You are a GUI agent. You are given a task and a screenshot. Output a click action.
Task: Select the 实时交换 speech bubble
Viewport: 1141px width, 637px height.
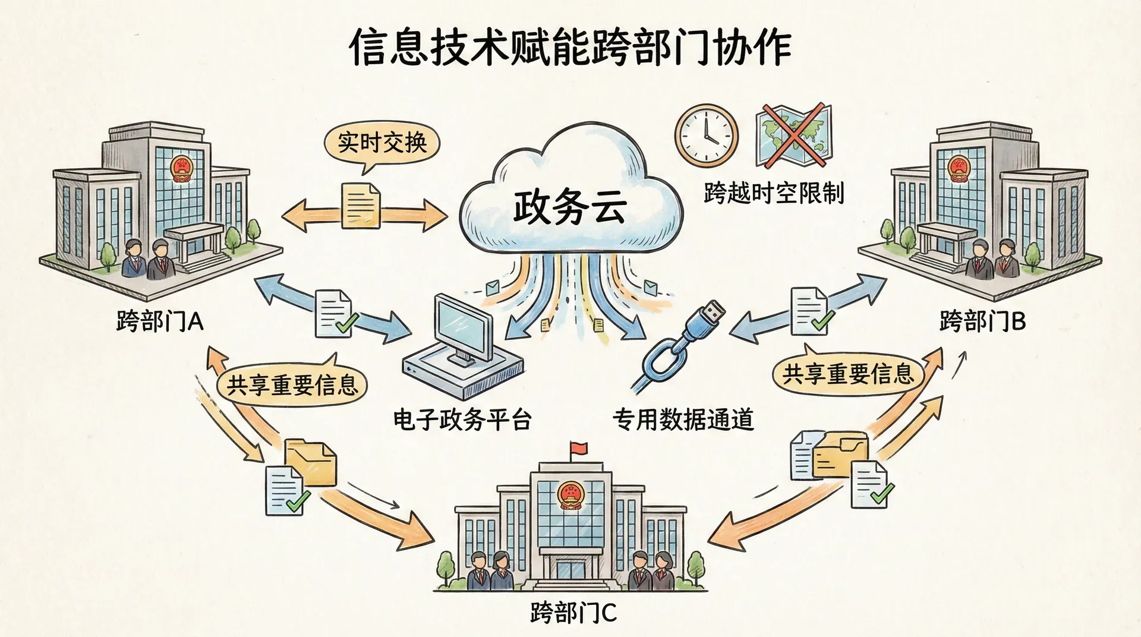(x=382, y=143)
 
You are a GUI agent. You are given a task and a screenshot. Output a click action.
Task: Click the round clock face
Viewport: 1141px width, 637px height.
(x=706, y=135)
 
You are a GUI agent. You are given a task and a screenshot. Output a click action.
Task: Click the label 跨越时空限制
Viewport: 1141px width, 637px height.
(x=774, y=193)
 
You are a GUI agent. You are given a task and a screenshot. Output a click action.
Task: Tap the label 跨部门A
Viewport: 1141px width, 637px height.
(x=160, y=322)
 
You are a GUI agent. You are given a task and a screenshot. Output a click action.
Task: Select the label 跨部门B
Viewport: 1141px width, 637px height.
(x=982, y=321)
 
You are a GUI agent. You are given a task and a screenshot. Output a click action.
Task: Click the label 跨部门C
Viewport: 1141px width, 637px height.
(x=573, y=613)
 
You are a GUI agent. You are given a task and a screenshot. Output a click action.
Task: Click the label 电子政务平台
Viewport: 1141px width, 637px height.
(x=462, y=420)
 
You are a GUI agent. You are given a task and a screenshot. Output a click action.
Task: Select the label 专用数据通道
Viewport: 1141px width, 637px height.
(x=683, y=420)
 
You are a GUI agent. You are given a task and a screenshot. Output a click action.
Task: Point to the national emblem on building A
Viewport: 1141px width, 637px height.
(x=181, y=169)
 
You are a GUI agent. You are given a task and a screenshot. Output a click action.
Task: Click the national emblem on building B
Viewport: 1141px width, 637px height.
(x=958, y=168)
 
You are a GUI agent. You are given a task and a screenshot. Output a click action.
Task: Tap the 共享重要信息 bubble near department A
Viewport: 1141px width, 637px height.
(x=292, y=385)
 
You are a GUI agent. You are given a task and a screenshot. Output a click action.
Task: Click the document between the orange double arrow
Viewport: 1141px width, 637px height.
(x=361, y=206)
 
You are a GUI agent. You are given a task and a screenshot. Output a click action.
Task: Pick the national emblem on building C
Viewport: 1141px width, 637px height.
(x=569, y=494)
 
